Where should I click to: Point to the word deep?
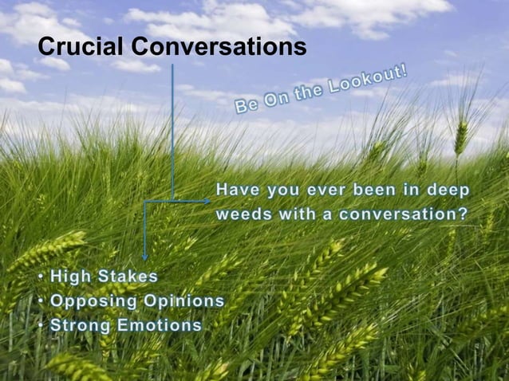click(447, 190)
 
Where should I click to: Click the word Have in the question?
click(237, 190)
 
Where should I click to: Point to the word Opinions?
click(183, 301)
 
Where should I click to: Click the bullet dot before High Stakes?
click(41, 277)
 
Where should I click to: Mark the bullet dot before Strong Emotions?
click(41, 326)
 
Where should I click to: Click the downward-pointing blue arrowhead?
click(144, 256)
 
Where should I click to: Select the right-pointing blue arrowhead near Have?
click(206, 201)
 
